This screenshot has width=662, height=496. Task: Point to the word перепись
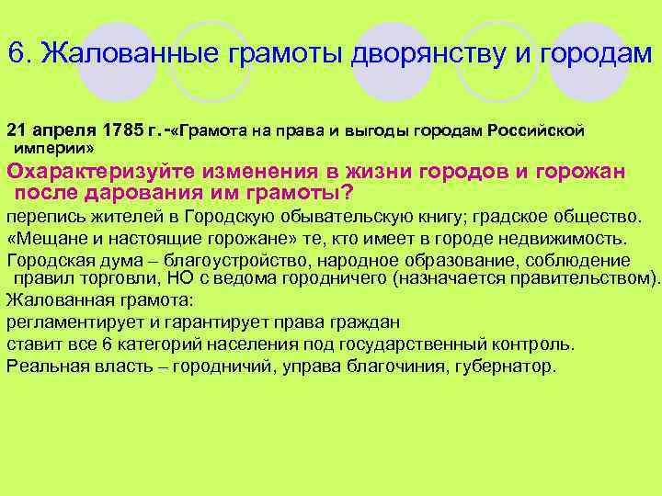[44, 218]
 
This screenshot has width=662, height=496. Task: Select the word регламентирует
[70, 322]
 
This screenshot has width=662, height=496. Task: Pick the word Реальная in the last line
[42, 366]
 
